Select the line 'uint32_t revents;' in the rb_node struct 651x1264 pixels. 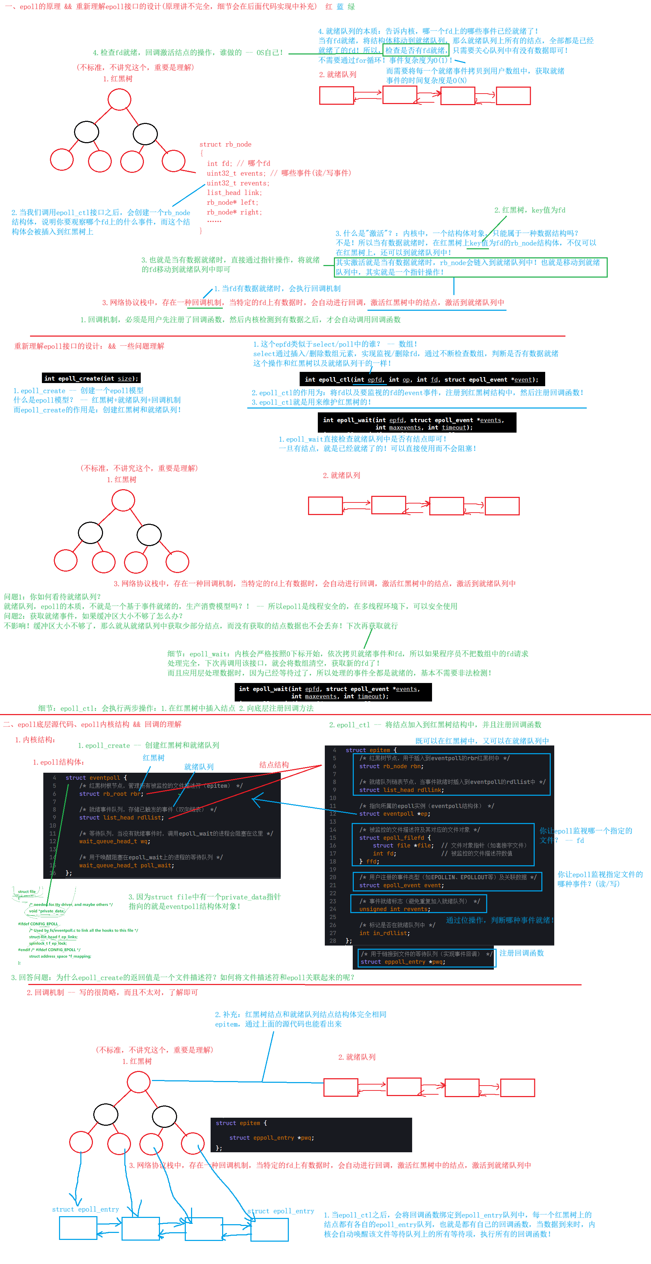(237, 183)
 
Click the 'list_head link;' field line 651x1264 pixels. (234, 193)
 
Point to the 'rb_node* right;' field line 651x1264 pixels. (234, 212)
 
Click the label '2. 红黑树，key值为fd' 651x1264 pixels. (529, 210)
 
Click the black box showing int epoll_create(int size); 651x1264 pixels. (91, 378)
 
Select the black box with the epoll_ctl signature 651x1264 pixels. (422, 379)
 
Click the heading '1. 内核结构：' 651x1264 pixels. (35, 740)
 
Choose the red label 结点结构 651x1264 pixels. (274, 764)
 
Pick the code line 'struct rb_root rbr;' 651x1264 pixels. (111, 793)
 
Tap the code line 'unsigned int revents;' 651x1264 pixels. (395, 909)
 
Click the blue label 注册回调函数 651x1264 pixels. (521, 953)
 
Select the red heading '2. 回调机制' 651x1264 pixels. (45, 992)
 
